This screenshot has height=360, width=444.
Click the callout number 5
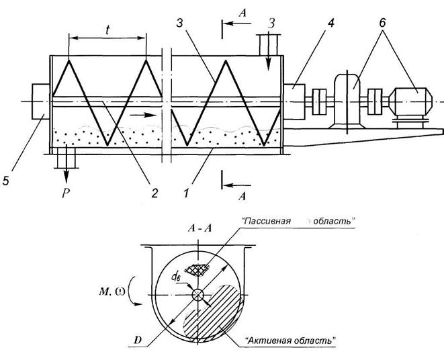pyautogui.click(x=7, y=181)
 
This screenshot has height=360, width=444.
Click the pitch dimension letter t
pyautogui.click(x=108, y=30)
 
